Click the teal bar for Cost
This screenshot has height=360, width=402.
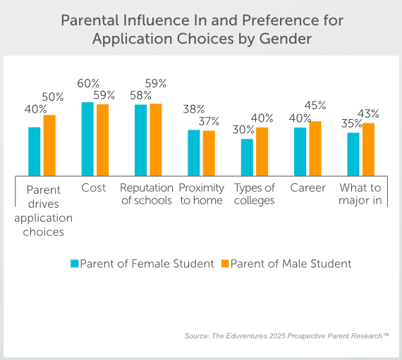pyautogui.click(x=87, y=138)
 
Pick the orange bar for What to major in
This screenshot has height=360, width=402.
pyautogui.click(x=368, y=148)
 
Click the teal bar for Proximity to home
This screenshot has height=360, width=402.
pyautogui.click(x=193, y=151)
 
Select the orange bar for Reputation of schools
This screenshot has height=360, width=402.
pyautogui.click(x=156, y=139)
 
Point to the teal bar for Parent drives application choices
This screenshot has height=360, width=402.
pyautogui.click(x=35, y=150)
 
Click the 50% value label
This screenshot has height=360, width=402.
pyautogui.click(x=52, y=97)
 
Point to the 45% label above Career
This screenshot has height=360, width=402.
pyautogui.click(x=315, y=105)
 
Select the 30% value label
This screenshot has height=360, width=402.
pyautogui.click(x=244, y=130)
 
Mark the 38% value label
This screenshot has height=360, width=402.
pyautogui.click(x=193, y=109)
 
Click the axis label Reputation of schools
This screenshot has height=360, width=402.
pyautogui.click(x=146, y=194)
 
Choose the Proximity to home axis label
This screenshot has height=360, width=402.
pyautogui.click(x=201, y=194)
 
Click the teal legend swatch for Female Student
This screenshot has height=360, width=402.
pyautogui.click(x=74, y=263)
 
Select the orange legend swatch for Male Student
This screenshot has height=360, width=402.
pyautogui.click(x=226, y=263)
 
